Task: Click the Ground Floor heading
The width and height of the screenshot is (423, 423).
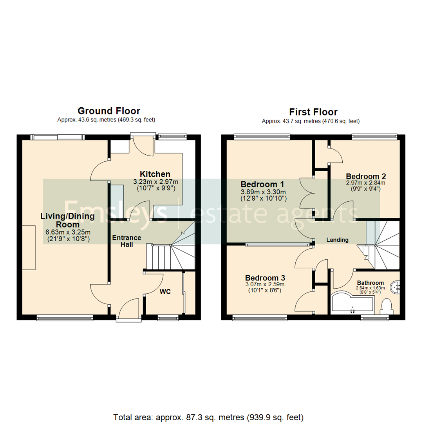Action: (108, 111)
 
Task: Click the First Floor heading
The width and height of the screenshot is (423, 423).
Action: (313, 112)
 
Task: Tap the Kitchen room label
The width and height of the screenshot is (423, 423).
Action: (155, 174)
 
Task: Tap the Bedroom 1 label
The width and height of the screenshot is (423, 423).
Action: (262, 184)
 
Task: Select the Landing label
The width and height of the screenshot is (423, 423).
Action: (337, 240)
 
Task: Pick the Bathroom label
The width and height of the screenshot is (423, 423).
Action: (370, 283)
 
